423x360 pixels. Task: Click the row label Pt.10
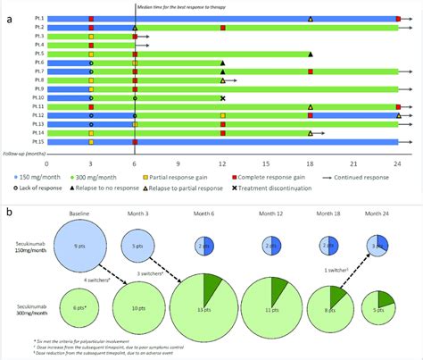click(x=37, y=97)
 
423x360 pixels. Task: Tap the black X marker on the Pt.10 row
click(x=222, y=97)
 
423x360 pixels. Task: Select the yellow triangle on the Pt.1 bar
click(x=311, y=19)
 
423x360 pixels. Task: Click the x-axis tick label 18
click(x=311, y=163)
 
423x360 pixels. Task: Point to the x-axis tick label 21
click(x=354, y=163)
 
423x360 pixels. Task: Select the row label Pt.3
click(x=38, y=37)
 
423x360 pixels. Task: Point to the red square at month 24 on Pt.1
click(x=398, y=19)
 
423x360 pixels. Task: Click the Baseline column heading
click(x=79, y=214)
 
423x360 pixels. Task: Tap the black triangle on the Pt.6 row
click(x=222, y=63)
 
